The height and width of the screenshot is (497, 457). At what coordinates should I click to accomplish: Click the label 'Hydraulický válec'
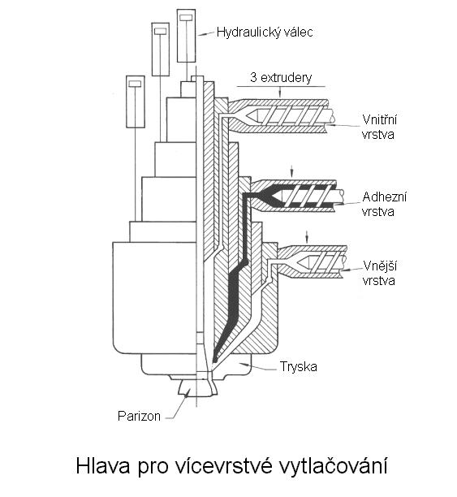click(265, 32)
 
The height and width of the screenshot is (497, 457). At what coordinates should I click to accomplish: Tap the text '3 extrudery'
click(281, 78)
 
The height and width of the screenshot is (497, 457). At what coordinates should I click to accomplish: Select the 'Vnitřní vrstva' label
click(379, 127)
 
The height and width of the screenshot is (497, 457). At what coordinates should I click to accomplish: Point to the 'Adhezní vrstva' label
click(384, 204)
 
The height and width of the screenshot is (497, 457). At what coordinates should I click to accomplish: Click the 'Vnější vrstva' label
click(379, 273)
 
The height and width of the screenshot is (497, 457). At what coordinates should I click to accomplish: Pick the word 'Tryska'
click(298, 367)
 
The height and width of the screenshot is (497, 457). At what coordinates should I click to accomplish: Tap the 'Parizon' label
click(139, 416)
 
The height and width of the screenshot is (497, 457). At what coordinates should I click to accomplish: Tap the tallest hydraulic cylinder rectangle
click(186, 36)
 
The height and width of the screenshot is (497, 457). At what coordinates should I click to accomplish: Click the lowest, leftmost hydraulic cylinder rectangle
click(136, 102)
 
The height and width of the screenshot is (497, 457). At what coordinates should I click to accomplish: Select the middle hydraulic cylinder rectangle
click(161, 50)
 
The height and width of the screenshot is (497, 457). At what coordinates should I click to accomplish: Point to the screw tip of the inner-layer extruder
click(256, 116)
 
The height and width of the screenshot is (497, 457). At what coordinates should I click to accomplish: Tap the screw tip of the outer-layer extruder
click(302, 261)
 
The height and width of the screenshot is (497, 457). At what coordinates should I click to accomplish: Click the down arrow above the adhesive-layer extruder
click(292, 171)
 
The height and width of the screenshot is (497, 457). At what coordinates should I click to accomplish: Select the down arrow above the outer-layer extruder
click(307, 236)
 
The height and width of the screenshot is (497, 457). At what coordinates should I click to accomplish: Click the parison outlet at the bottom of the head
click(198, 387)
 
